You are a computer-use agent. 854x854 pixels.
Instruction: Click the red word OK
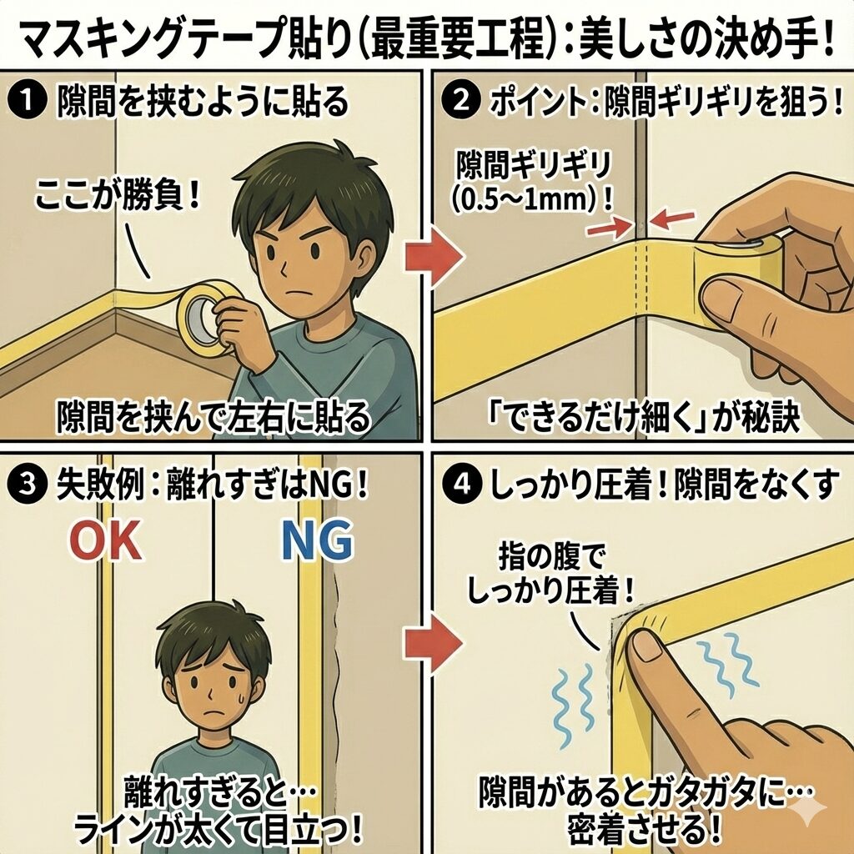107,540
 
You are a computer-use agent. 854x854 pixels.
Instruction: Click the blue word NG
317,540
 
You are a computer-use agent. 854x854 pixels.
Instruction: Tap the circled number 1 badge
26,101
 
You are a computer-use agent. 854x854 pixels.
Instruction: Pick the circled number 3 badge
26,485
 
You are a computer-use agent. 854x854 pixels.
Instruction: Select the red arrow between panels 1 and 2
434,256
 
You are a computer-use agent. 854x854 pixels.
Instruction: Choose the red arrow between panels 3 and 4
434,643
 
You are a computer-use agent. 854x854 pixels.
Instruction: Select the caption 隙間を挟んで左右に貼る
213,419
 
